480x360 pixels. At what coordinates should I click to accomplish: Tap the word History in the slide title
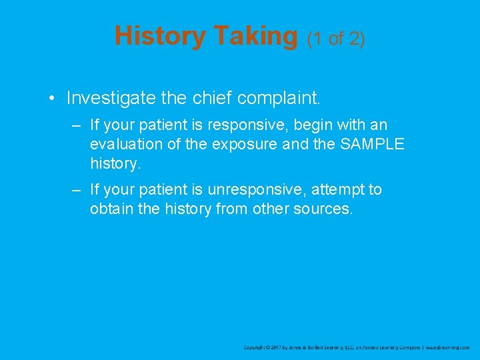pyautogui.click(x=160, y=36)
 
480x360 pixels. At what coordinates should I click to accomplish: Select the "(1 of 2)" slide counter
pyautogui.click(x=335, y=39)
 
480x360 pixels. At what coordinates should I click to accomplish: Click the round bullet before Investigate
pyautogui.click(x=51, y=99)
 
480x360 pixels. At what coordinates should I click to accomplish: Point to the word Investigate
pyautogui.click(x=109, y=99)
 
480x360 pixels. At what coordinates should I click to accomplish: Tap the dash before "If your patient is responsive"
pyautogui.click(x=77, y=125)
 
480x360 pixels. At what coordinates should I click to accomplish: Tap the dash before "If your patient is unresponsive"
pyautogui.click(x=77, y=190)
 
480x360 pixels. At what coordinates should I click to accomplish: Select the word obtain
pyautogui.click(x=111, y=209)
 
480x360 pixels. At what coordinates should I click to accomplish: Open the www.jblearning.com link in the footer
pyautogui.click(x=447, y=347)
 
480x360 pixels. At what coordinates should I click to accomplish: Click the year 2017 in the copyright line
pyautogui.click(x=277, y=347)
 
